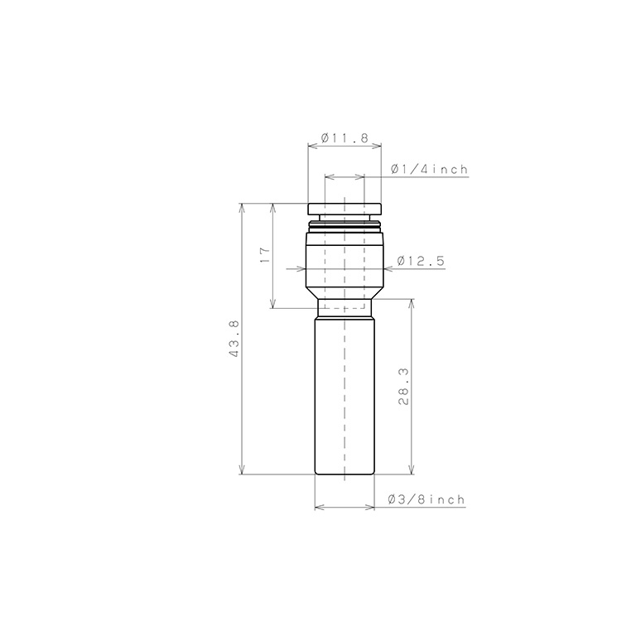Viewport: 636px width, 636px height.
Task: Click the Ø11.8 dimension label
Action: (x=344, y=137)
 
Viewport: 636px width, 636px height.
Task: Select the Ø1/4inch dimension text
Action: (x=430, y=170)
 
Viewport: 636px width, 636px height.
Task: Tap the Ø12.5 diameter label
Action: (x=421, y=261)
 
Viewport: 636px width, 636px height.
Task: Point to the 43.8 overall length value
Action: (x=234, y=340)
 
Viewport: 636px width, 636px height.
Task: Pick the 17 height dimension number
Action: (x=265, y=255)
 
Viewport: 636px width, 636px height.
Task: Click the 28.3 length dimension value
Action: (x=403, y=388)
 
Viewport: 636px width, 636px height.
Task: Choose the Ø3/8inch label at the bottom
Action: (x=426, y=500)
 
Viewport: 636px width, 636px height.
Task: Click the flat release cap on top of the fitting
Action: (x=344, y=209)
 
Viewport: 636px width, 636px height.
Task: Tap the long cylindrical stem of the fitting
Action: (x=344, y=397)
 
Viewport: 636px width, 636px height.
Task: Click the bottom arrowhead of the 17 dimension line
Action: (x=273, y=304)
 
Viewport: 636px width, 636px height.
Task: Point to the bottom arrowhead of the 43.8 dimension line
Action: (x=242, y=470)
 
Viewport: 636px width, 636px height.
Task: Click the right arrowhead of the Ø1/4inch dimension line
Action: (x=360, y=176)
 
